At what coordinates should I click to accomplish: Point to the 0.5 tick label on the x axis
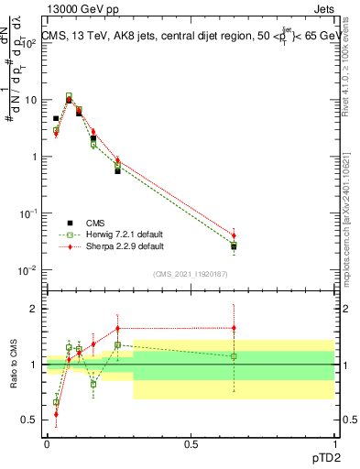pos(191,444)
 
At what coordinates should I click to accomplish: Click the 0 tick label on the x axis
pos(47,444)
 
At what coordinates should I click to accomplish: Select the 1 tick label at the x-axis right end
pos(334,444)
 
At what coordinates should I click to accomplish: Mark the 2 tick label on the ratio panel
pos(35,309)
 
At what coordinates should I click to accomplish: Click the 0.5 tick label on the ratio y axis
pos(30,420)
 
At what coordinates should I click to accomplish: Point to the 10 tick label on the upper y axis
pos(29,100)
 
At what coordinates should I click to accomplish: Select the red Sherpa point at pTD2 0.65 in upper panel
pos(234,235)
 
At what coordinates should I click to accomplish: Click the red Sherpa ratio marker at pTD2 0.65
pos(234,327)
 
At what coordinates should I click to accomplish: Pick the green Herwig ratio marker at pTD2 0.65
pos(234,355)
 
